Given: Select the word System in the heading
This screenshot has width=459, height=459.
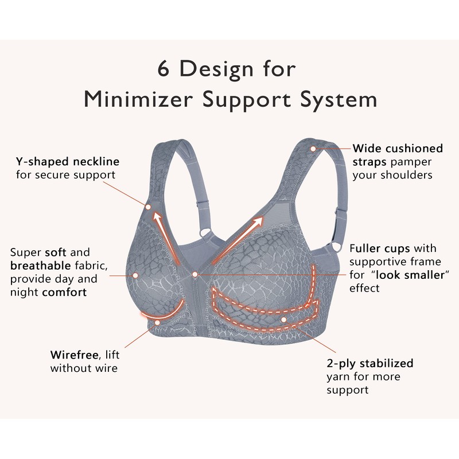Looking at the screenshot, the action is tap(341, 99).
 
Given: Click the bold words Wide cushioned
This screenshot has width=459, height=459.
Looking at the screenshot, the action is tap(398, 147).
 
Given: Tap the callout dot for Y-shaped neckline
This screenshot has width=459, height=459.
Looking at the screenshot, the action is tap(148, 207).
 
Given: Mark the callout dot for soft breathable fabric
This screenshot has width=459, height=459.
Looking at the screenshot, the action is tap(135, 275).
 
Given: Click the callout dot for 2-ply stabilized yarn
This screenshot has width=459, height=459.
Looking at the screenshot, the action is tap(283, 319).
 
